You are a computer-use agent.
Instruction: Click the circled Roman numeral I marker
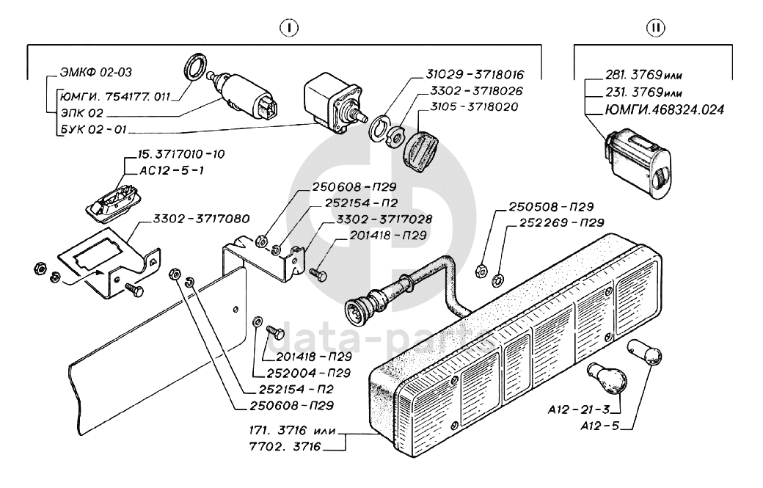(x=289, y=28)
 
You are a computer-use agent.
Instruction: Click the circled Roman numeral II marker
(x=655, y=28)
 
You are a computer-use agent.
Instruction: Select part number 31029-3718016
(x=475, y=74)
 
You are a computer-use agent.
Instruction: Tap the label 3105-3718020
(x=474, y=106)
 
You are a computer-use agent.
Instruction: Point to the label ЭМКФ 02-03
(x=96, y=73)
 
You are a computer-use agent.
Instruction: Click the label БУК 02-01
(x=93, y=129)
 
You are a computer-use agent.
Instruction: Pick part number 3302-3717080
(x=201, y=219)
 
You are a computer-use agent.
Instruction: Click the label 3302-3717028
(x=384, y=219)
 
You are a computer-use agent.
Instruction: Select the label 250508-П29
(x=551, y=207)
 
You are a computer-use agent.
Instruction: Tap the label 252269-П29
(x=561, y=223)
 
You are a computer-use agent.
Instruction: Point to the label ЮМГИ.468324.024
(x=665, y=109)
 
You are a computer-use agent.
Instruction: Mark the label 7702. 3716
(x=285, y=446)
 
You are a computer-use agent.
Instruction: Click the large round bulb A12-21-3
(x=607, y=378)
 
